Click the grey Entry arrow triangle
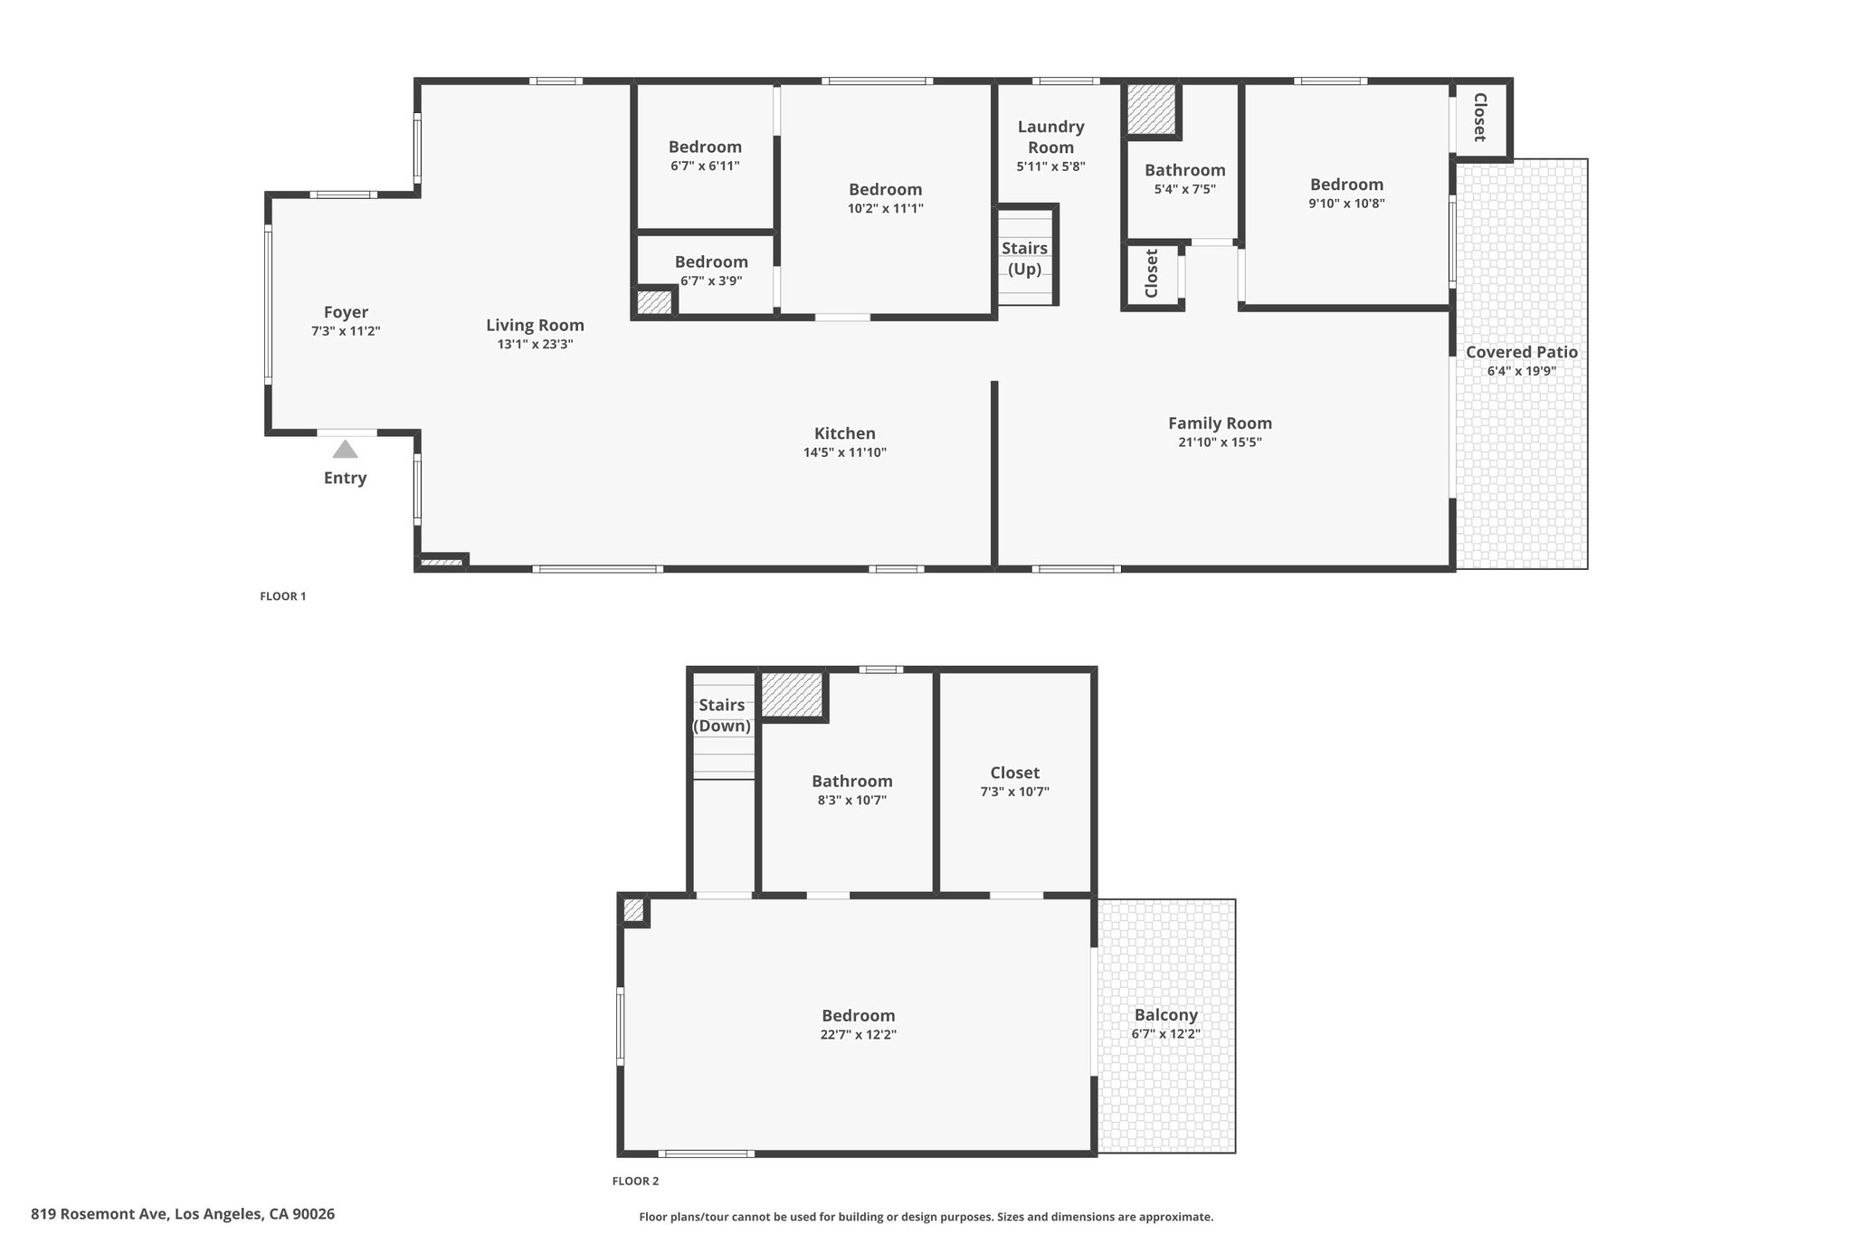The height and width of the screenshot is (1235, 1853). tap(345, 449)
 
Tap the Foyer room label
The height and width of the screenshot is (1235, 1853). tap(346, 312)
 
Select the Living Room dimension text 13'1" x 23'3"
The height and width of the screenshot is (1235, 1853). tap(535, 344)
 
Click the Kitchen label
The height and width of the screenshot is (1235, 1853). tap(845, 433)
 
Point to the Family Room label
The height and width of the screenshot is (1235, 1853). tap(1220, 423)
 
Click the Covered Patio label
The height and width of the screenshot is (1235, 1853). tap(1522, 352)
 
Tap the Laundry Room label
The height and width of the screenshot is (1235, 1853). tap(1050, 137)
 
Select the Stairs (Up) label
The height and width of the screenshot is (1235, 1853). tap(1024, 259)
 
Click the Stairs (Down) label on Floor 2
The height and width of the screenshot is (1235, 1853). tap(722, 715)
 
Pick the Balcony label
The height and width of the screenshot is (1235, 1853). tap(1166, 1015)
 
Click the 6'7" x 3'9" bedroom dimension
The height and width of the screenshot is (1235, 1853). tap(711, 280)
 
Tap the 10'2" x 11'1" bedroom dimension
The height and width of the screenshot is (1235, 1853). tap(885, 208)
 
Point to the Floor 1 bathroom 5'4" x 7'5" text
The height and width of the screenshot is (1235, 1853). tap(1185, 189)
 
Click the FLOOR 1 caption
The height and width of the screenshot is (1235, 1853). tap(283, 596)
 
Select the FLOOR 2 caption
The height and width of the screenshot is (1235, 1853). tap(635, 1181)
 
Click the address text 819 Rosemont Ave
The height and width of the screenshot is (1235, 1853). tap(100, 1214)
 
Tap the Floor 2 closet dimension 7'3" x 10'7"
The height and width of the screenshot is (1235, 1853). tap(1014, 792)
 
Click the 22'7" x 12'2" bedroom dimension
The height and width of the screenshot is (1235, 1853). tap(859, 1035)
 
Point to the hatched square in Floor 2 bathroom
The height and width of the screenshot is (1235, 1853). tap(792, 694)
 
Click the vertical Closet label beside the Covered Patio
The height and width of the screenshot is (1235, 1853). tap(1480, 117)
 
